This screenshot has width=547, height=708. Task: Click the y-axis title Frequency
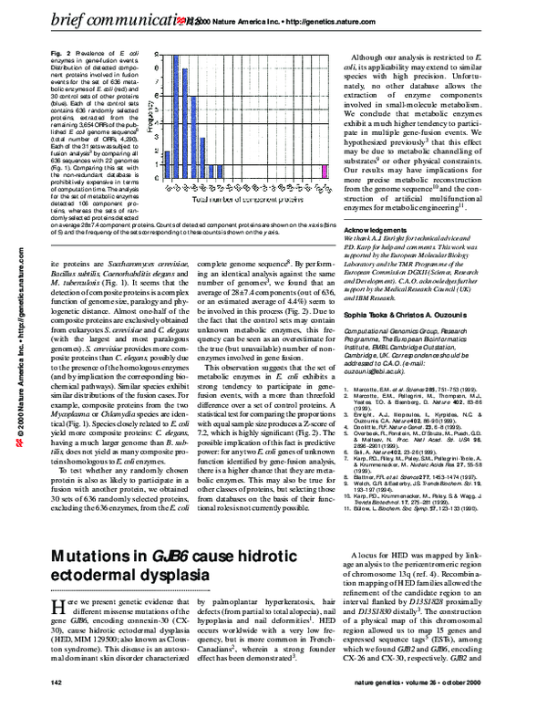click(x=150, y=118)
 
